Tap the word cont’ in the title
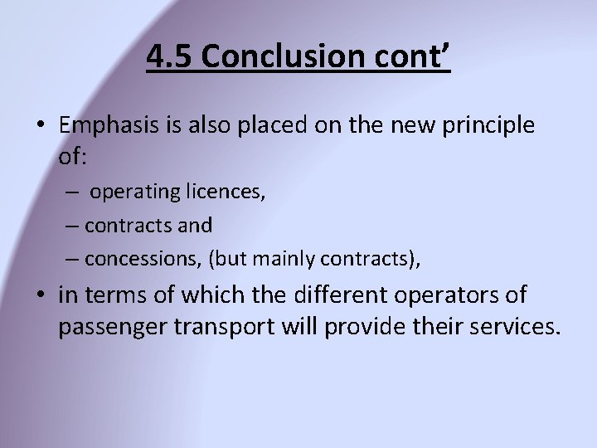(418, 58)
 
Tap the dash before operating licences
(74, 192)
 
